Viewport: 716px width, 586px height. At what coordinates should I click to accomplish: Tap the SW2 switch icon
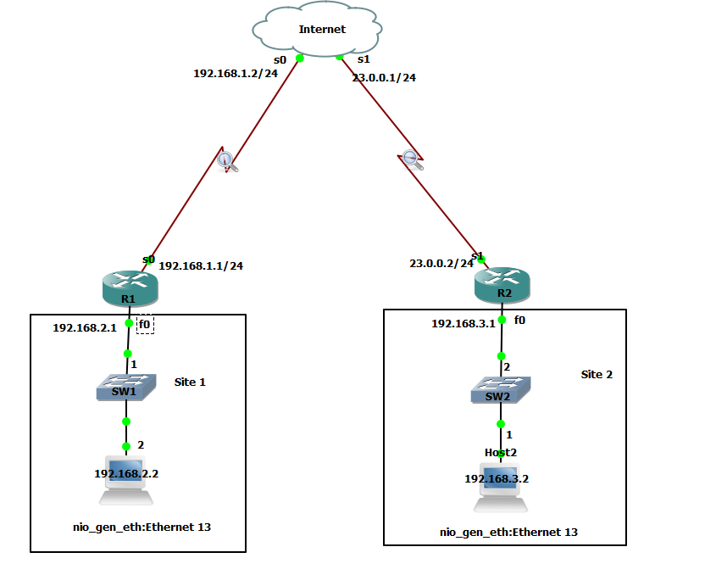click(x=501, y=392)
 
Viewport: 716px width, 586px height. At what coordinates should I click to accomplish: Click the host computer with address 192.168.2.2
click(x=125, y=483)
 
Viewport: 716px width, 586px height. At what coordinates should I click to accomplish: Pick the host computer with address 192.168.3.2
click(x=500, y=490)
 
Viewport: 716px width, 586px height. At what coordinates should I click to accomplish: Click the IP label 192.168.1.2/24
click(x=224, y=74)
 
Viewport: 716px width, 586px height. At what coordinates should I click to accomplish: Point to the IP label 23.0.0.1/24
click(x=384, y=77)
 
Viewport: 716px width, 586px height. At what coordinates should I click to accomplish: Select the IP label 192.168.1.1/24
click(x=201, y=265)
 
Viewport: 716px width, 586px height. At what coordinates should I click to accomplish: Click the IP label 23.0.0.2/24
click(x=441, y=263)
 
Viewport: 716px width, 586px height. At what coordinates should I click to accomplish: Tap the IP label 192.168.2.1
click(x=84, y=327)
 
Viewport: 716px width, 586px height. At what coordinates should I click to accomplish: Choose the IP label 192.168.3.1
click(x=463, y=323)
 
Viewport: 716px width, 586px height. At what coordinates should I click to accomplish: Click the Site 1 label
click(x=190, y=382)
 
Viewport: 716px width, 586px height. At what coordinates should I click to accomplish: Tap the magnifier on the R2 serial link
click(x=411, y=159)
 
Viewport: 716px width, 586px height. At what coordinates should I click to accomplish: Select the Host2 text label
click(x=500, y=453)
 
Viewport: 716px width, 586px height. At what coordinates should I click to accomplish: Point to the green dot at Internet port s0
click(x=300, y=59)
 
